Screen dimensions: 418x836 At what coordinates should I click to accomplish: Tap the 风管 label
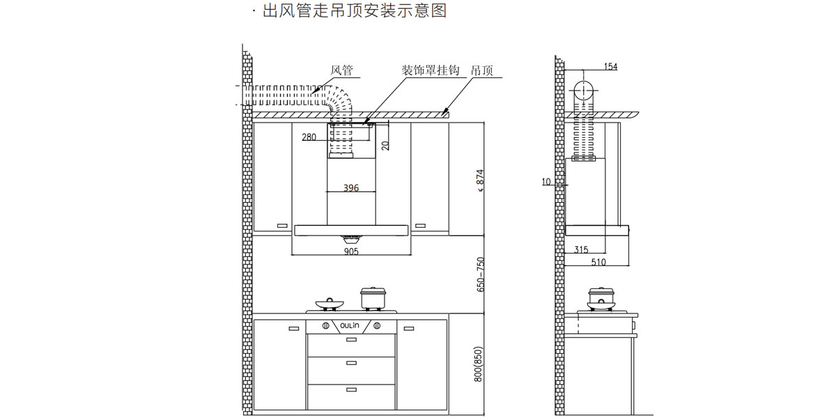pos(341,70)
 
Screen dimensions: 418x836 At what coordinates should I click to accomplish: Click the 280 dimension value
pos(309,137)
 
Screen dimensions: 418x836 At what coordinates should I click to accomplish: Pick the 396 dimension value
pos(351,188)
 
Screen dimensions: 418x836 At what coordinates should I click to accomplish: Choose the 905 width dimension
pos(351,252)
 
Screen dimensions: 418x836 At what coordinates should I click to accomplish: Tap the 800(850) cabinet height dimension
pos(479,364)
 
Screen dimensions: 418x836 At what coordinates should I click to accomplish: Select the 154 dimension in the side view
pos(610,67)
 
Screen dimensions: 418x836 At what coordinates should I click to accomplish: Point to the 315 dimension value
pos(582,249)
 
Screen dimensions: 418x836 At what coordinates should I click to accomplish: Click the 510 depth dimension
pos(598,263)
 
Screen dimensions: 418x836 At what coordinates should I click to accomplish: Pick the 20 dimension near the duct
pos(385,145)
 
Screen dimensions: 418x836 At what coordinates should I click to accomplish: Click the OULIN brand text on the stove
pos(350,325)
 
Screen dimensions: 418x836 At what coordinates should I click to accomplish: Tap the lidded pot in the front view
pos(373,298)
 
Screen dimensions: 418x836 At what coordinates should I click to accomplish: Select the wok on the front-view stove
pos(330,304)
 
